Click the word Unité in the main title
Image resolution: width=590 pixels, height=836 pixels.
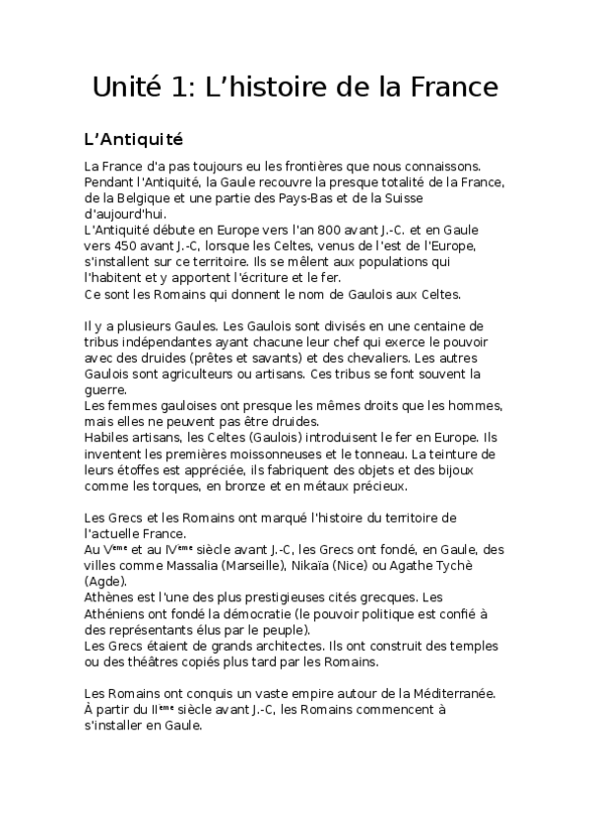coord(126,88)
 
